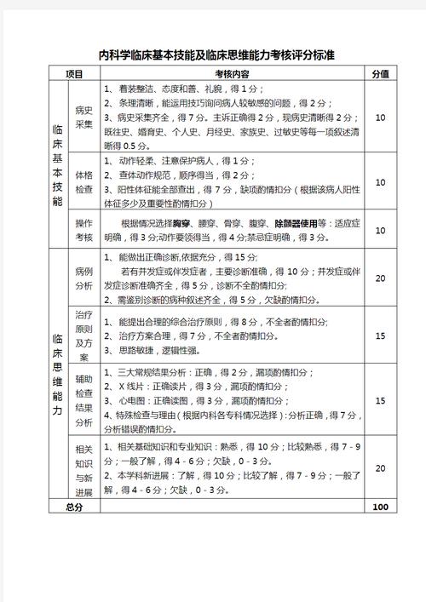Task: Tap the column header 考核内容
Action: coord(227,74)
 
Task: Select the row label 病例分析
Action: coord(83,278)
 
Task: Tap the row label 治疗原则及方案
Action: coord(83,335)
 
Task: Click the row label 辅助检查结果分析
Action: coord(83,400)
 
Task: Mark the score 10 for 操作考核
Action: coord(380,231)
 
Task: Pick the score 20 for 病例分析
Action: coord(380,278)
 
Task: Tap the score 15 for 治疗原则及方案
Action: coord(380,335)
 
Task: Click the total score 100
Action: coord(380,507)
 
